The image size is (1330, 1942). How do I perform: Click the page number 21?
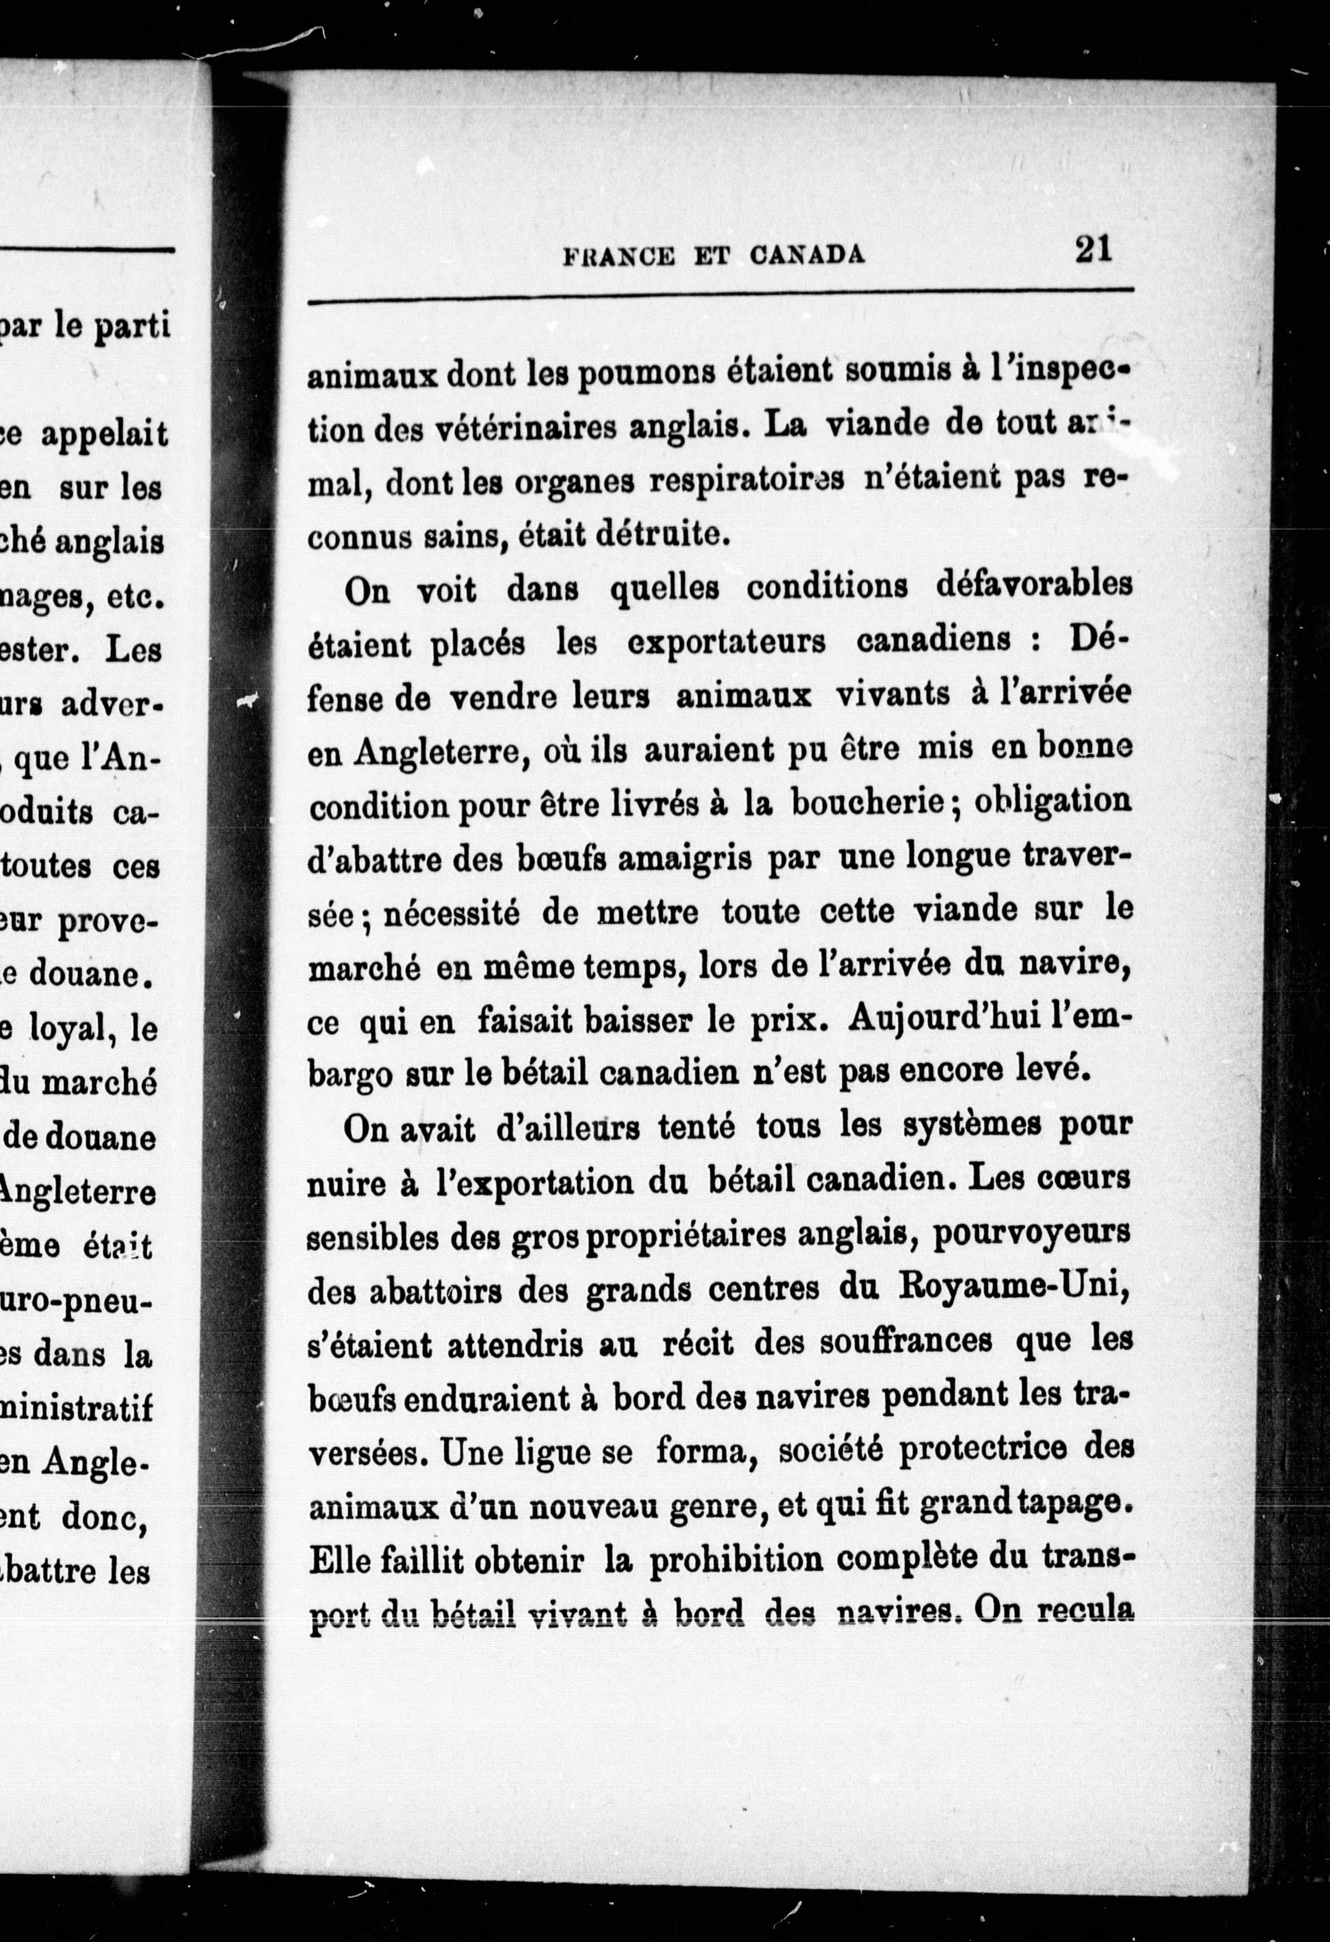(1093, 249)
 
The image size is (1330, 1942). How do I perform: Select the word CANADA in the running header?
(808, 254)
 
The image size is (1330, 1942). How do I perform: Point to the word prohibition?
(739, 1560)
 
